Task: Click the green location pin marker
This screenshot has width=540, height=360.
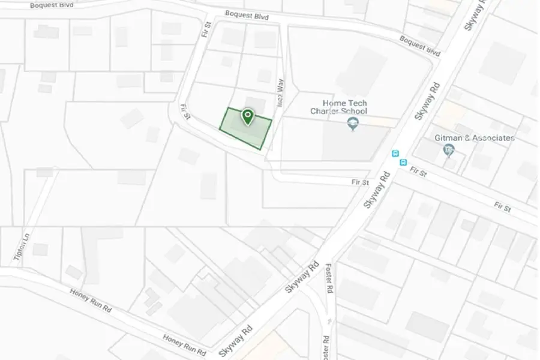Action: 247,116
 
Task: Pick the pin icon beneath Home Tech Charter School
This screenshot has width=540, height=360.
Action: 352,124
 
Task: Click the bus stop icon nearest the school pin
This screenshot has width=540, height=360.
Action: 395,153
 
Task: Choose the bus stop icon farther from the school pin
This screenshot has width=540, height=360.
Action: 403,161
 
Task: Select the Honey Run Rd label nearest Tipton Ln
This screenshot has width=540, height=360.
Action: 91,301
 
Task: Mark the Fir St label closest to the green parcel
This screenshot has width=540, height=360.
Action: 185,112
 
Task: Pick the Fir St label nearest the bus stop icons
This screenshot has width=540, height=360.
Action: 418,172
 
